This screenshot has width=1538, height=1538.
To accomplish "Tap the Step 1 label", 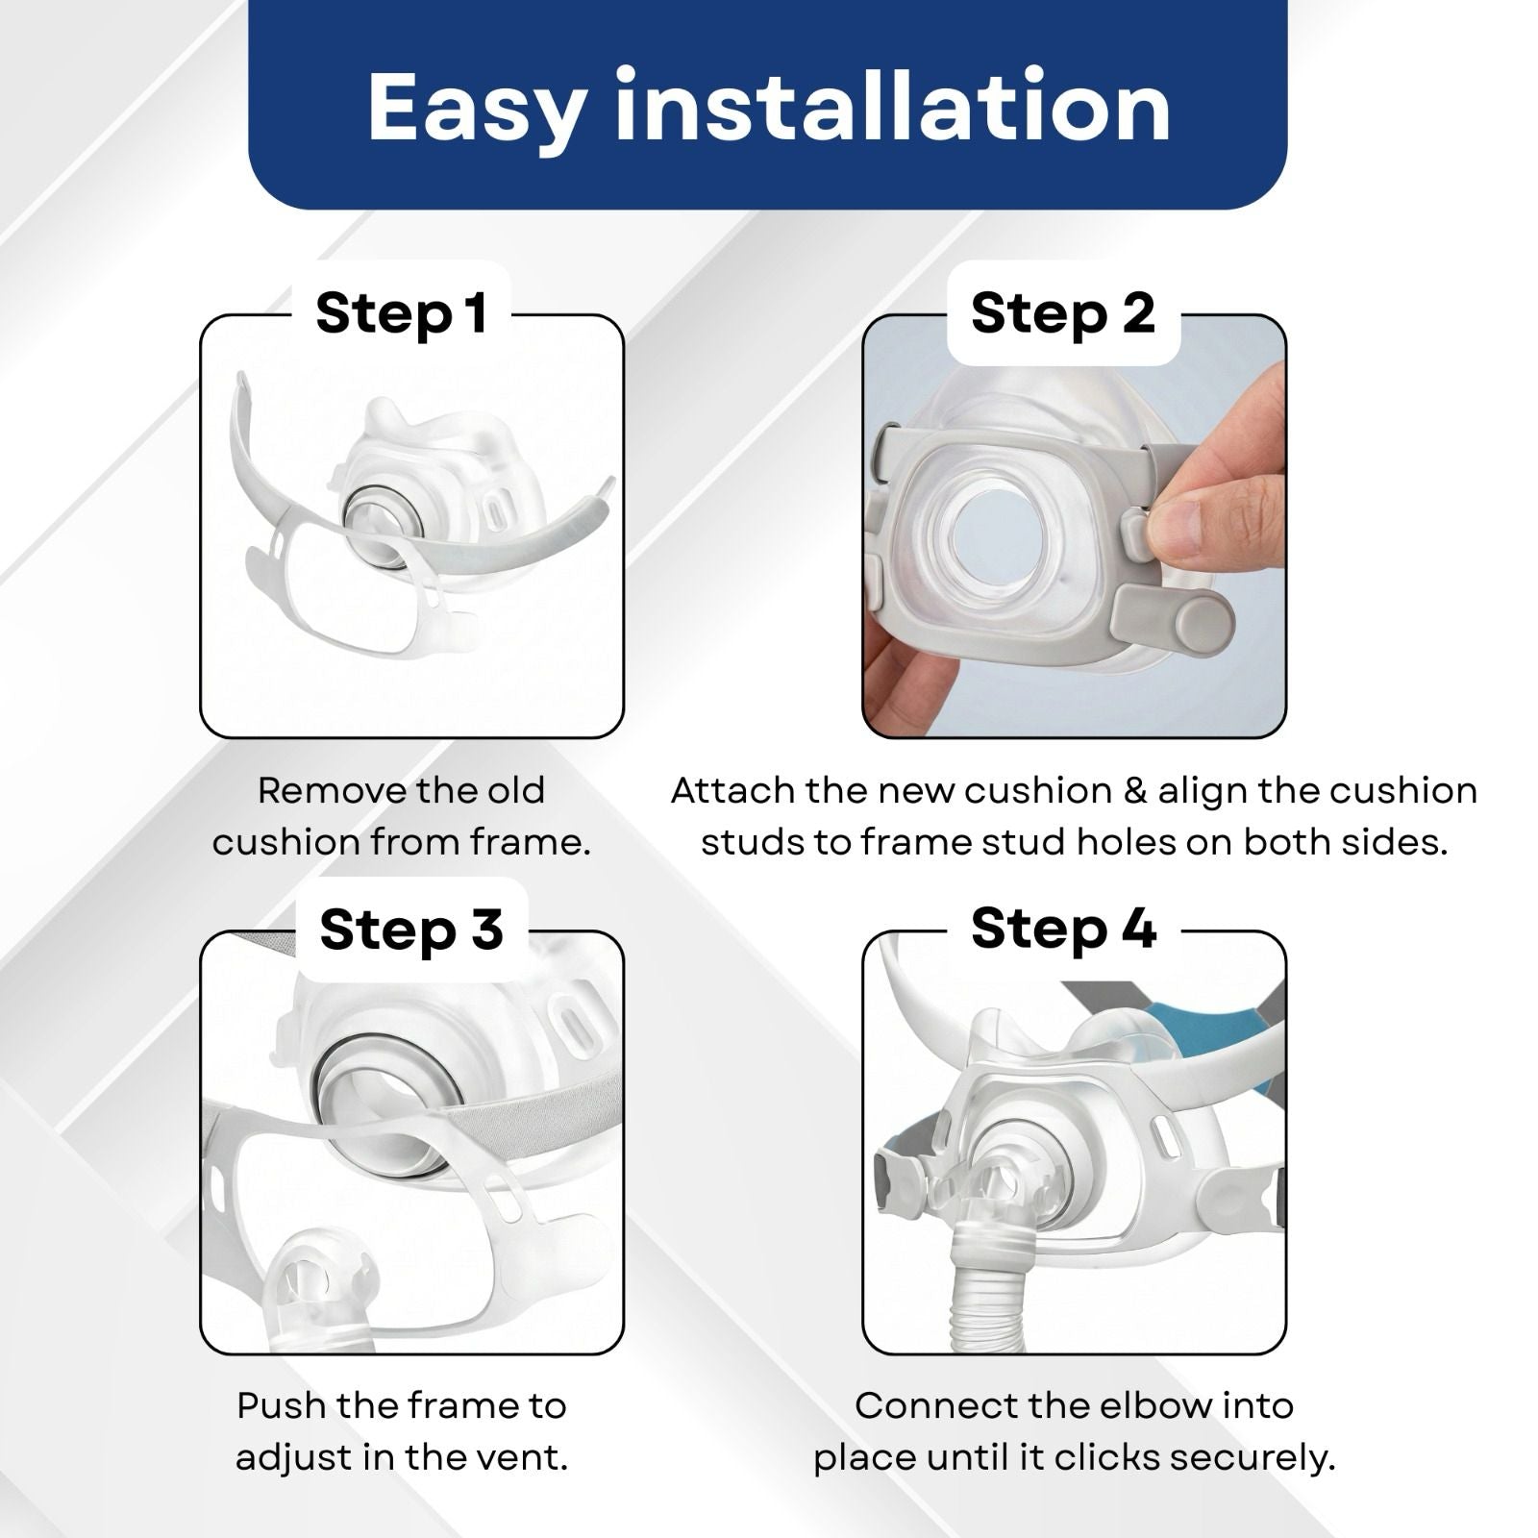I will (x=402, y=313).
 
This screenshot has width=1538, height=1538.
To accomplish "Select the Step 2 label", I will (x=1062, y=313).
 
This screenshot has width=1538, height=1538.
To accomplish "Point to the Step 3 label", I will (x=411, y=930).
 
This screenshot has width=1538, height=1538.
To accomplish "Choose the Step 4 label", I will (x=1063, y=929).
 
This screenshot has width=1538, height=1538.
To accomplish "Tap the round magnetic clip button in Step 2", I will (x=1203, y=623).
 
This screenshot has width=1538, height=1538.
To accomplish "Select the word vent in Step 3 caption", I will (x=521, y=1457).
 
